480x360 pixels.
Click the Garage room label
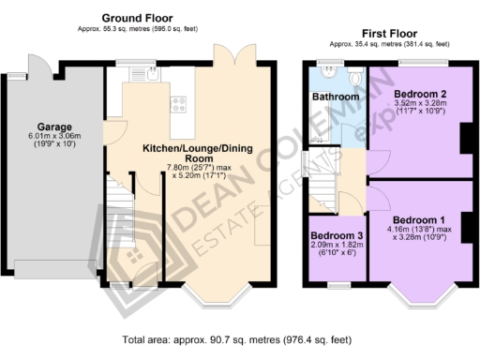pos(55,127)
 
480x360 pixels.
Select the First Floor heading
pos(388,34)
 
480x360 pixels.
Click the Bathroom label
pos(336,97)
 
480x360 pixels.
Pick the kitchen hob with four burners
pos(177,104)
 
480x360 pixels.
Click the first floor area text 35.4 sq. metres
pos(388,44)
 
